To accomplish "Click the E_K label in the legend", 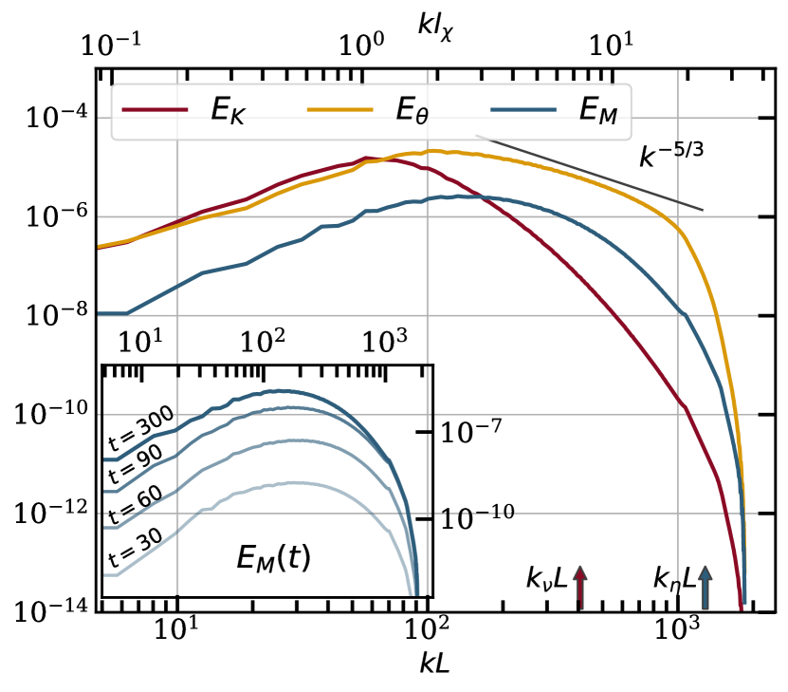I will point(228,111).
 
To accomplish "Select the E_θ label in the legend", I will point(412,111).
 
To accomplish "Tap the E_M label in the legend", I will point(597,111).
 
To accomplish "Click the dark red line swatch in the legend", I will point(155,110).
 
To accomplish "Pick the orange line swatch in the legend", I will point(339,110).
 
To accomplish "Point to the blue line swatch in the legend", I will point(523,110).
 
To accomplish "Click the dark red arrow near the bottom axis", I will point(580,586).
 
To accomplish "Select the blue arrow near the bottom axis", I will point(705,586).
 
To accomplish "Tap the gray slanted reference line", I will point(588,173).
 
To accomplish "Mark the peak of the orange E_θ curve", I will point(432,151).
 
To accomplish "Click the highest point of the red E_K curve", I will point(367,158).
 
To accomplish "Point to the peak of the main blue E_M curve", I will point(462,196).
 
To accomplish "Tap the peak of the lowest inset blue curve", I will point(294,482).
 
